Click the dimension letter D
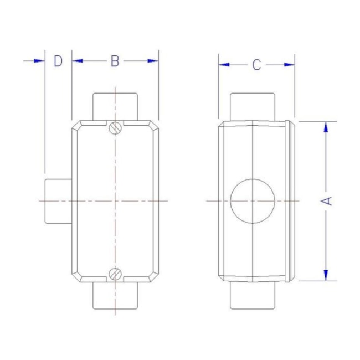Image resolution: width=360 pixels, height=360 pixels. [58, 61]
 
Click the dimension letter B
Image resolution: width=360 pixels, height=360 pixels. [115, 61]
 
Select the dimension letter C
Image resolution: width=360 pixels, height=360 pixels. [256, 65]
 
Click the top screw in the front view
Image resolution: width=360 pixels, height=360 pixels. [115, 127]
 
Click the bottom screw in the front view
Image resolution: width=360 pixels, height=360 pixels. [115, 273]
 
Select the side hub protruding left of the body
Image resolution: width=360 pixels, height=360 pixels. [57, 200]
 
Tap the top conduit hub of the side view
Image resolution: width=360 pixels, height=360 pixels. [253, 106]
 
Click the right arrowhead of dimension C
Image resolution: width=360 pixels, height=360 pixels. [289, 65]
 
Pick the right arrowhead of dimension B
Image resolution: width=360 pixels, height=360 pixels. [152, 61]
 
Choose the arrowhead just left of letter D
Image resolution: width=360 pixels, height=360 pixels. [38, 61]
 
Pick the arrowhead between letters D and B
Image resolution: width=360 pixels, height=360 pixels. [77, 61]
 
